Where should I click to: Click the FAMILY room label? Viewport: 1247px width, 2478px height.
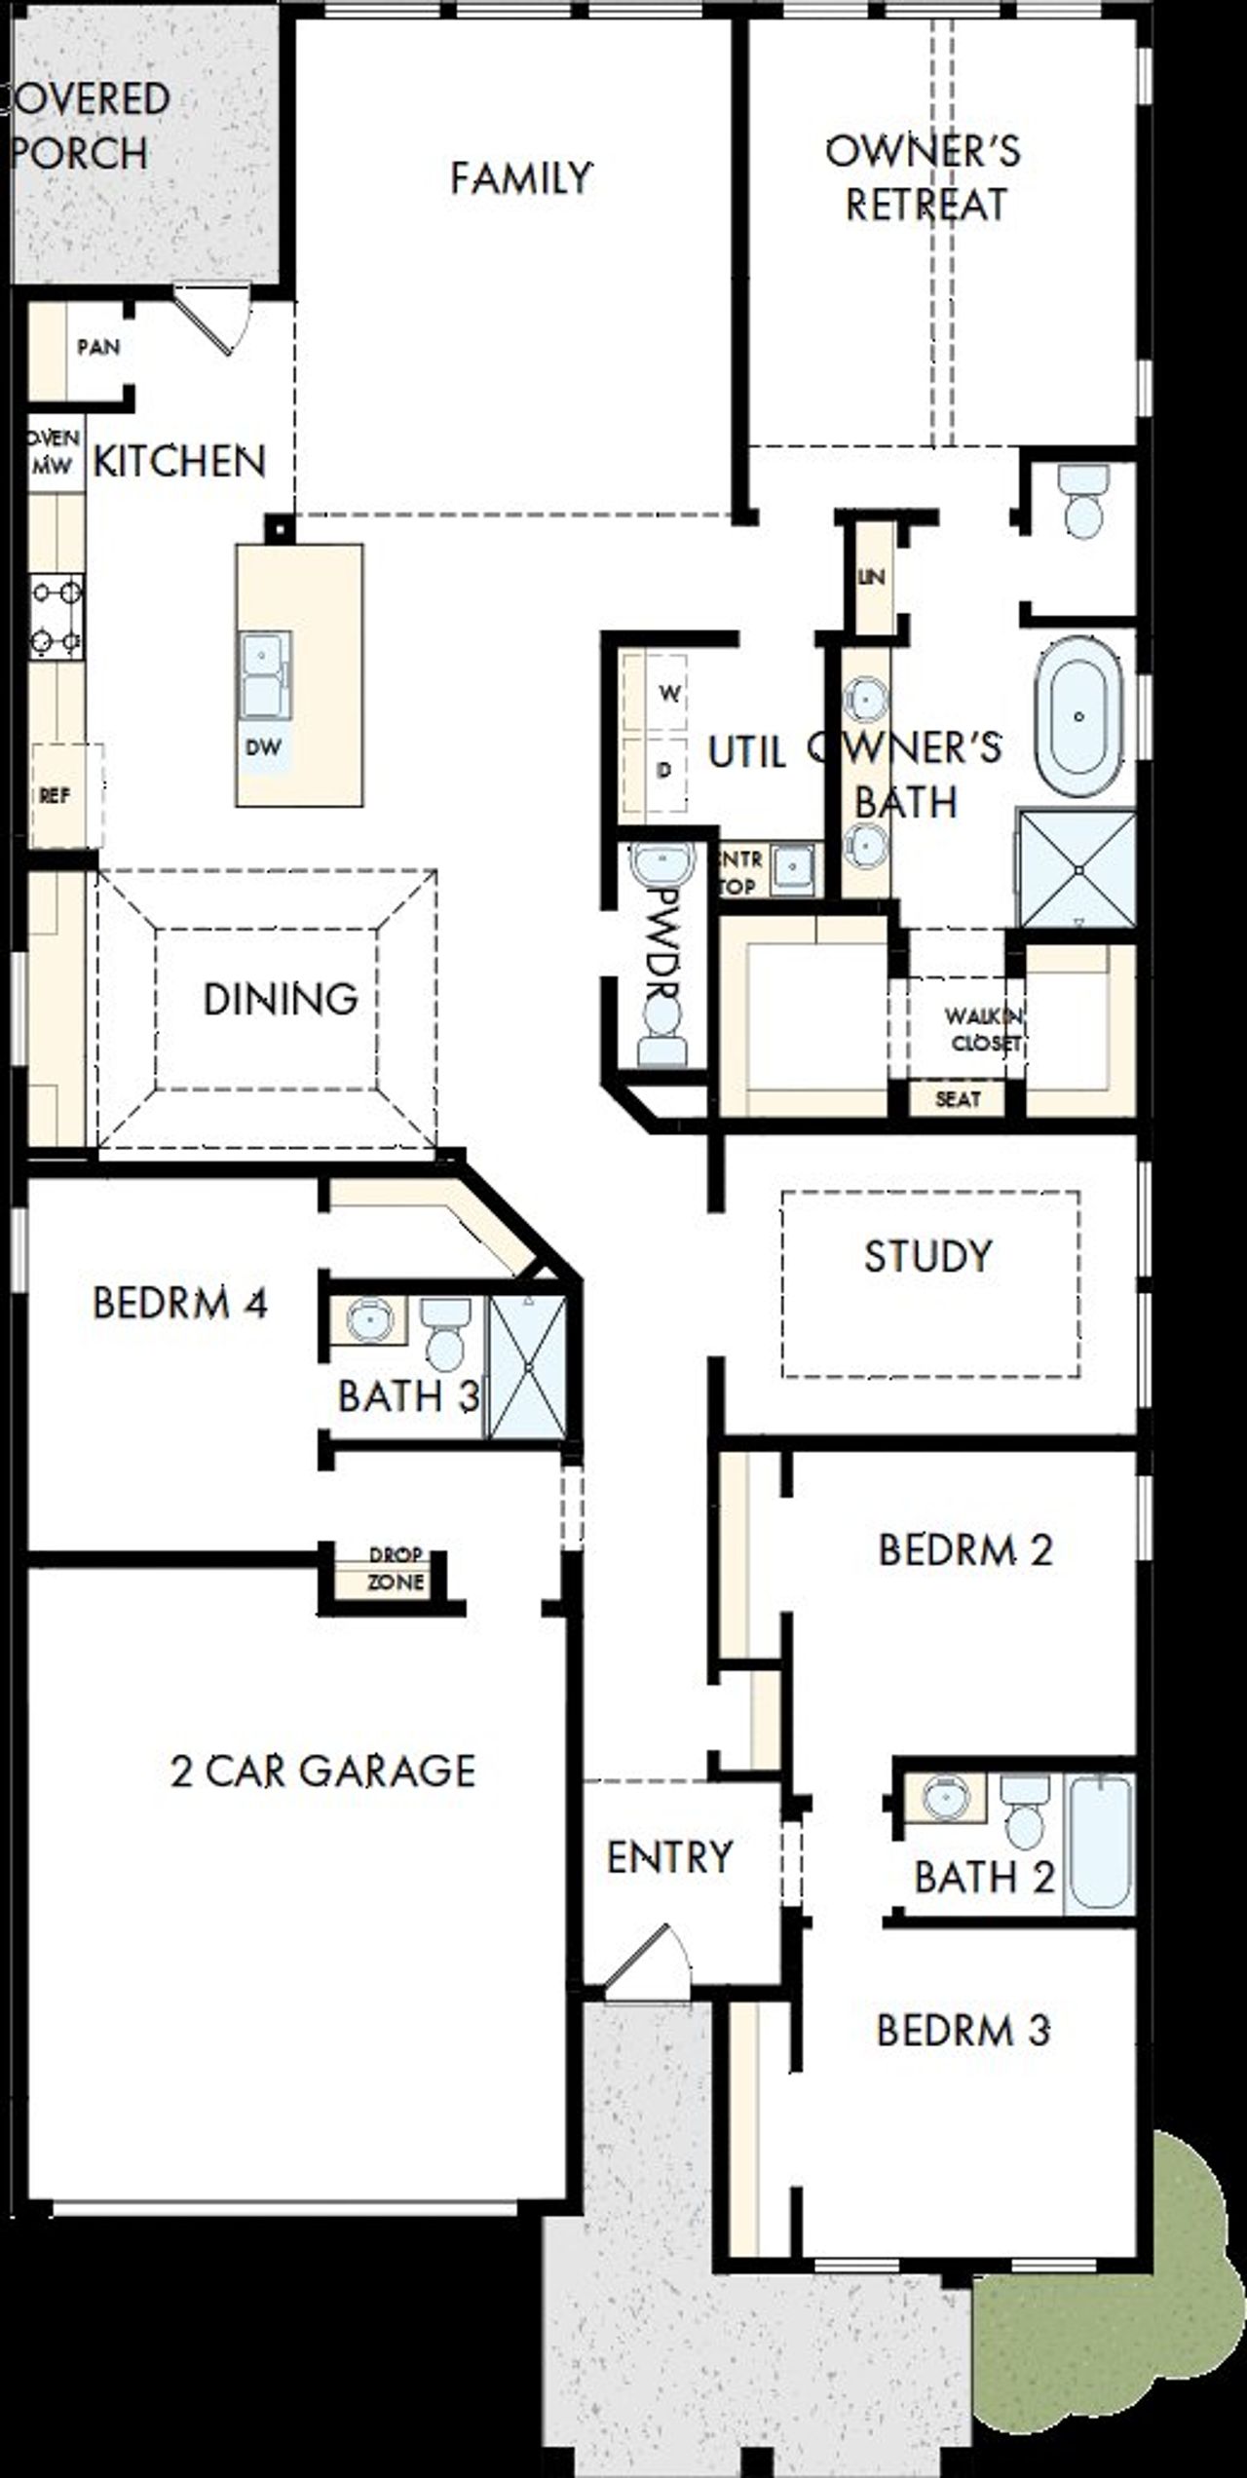click(x=520, y=178)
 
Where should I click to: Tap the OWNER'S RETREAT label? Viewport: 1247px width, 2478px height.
click(x=924, y=178)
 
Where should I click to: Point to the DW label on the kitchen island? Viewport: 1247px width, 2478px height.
click(x=264, y=747)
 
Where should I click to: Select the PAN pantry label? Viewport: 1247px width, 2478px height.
click(x=98, y=347)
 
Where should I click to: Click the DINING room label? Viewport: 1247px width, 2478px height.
click(x=280, y=999)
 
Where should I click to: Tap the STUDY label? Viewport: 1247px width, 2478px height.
click(x=927, y=1255)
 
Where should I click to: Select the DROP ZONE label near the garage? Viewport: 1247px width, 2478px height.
click(x=396, y=1568)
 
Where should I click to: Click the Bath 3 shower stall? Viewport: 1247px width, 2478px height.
click(x=527, y=1366)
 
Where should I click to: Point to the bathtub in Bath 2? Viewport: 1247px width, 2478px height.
click(x=1098, y=1842)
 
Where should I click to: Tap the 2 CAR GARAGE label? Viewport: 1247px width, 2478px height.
click(x=322, y=1771)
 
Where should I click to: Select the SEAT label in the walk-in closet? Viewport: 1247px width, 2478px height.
click(x=957, y=1099)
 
